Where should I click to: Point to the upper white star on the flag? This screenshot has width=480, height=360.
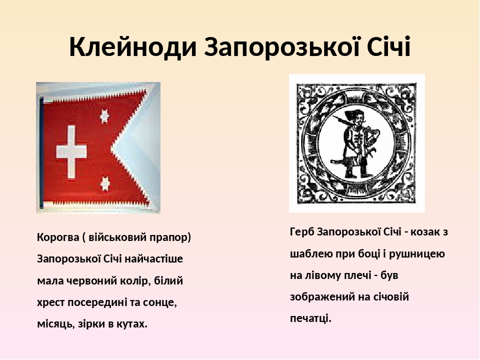point(104,116)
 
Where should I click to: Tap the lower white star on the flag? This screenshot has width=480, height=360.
point(105,183)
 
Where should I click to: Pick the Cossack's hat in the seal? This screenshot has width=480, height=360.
point(357,116)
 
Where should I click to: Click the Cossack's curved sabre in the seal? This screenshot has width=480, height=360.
point(341,163)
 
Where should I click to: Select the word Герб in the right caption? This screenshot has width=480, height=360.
point(301,231)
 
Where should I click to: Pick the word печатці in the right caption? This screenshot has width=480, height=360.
point(310,318)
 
